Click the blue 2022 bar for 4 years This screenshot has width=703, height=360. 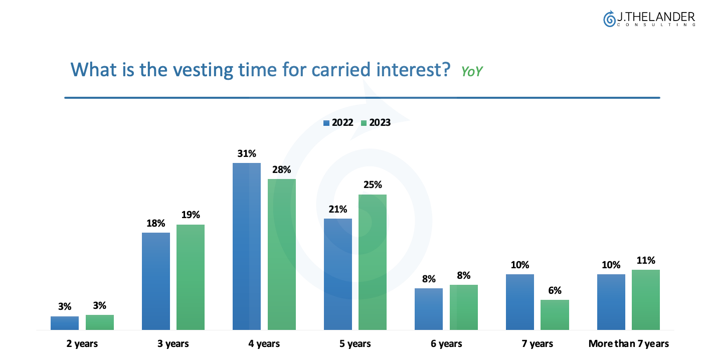click(x=247, y=246)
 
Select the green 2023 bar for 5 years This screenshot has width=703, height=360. click(x=373, y=262)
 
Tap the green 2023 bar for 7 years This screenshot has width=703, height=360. click(x=555, y=315)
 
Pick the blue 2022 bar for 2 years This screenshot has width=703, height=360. click(x=65, y=323)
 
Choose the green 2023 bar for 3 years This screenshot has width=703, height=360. click(x=191, y=277)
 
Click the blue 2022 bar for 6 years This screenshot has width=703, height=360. click(x=429, y=309)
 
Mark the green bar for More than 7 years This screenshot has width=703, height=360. click(x=646, y=300)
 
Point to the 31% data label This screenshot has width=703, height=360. click(x=247, y=153)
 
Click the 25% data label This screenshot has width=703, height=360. click(x=373, y=185)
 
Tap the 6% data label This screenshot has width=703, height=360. click(x=555, y=290)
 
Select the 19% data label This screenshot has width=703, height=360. click(x=191, y=215)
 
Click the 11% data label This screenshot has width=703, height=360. click(x=646, y=260)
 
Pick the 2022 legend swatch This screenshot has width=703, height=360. click(x=326, y=123)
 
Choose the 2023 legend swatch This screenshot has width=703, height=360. click(x=364, y=123)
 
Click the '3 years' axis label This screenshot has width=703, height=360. click(x=173, y=343)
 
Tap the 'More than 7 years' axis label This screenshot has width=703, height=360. click(x=629, y=343)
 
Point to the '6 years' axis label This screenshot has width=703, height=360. click(x=446, y=343)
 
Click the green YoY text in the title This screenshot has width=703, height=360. click(x=472, y=72)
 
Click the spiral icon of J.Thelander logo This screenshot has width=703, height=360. click(x=609, y=19)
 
